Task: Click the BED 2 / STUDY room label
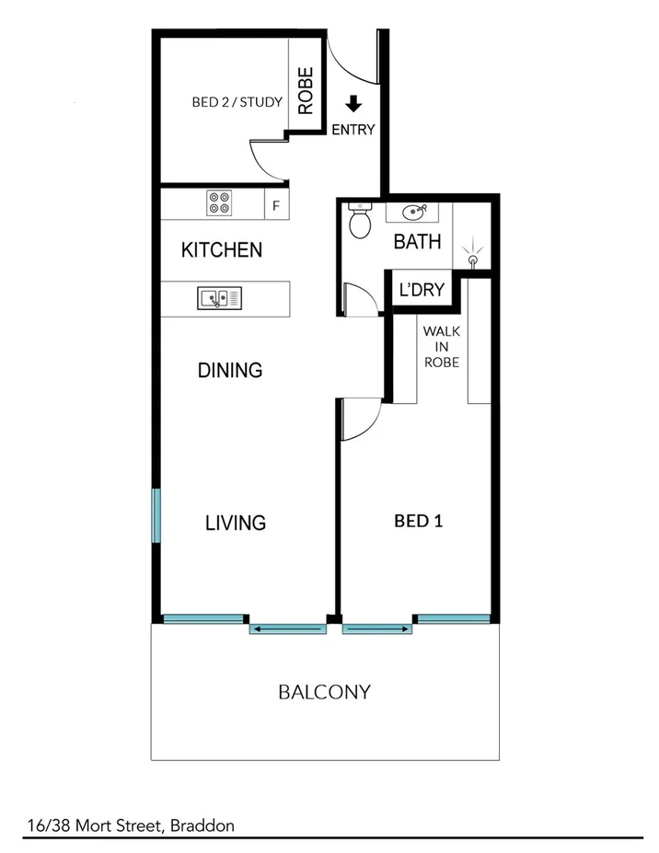(x=237, y=102)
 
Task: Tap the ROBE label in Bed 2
(x=306, y=90)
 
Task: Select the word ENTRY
(x=353, y=130)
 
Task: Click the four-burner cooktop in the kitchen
(x=219, y=202)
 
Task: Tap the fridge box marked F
(x=275, y=205)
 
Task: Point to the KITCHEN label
(x=222, y=249)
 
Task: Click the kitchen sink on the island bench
(x=219, y=298)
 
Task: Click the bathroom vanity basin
(x=417, y=213)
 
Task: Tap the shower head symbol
(x=473, y=255)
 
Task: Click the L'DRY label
(x=422, y=290)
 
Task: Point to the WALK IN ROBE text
(x=441, y=346)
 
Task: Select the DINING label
(x=230, y=371)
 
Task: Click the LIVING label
(x=235, y=523)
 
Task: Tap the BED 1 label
(x=419, y=521)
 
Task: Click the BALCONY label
(x=324, y=692)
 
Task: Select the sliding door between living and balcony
(x=288, y=629)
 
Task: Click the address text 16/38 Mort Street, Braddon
(x=130, y=825)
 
